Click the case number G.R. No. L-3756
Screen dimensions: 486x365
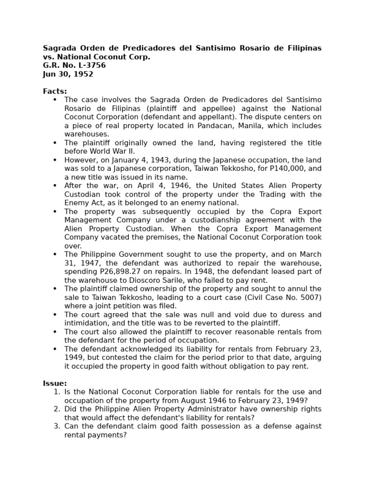click(74, 65)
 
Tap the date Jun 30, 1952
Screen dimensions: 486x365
click(68, 74)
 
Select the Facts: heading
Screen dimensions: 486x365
click(55, 91)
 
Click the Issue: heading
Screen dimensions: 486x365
click(55, 383)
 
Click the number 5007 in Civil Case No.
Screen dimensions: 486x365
click(308, 297)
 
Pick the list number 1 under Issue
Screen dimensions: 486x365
click(56, 392)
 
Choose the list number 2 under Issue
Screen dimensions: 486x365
click(56, 409)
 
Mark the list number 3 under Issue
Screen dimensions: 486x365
click(56, 426)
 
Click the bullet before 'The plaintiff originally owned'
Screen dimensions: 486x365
click(55, 143)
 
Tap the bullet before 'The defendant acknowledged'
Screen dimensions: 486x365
click(55, 349)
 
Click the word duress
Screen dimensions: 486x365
click(283, 314)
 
